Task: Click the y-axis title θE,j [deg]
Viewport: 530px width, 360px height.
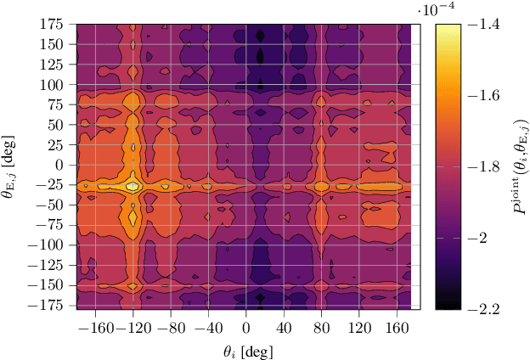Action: pos(14,166)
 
